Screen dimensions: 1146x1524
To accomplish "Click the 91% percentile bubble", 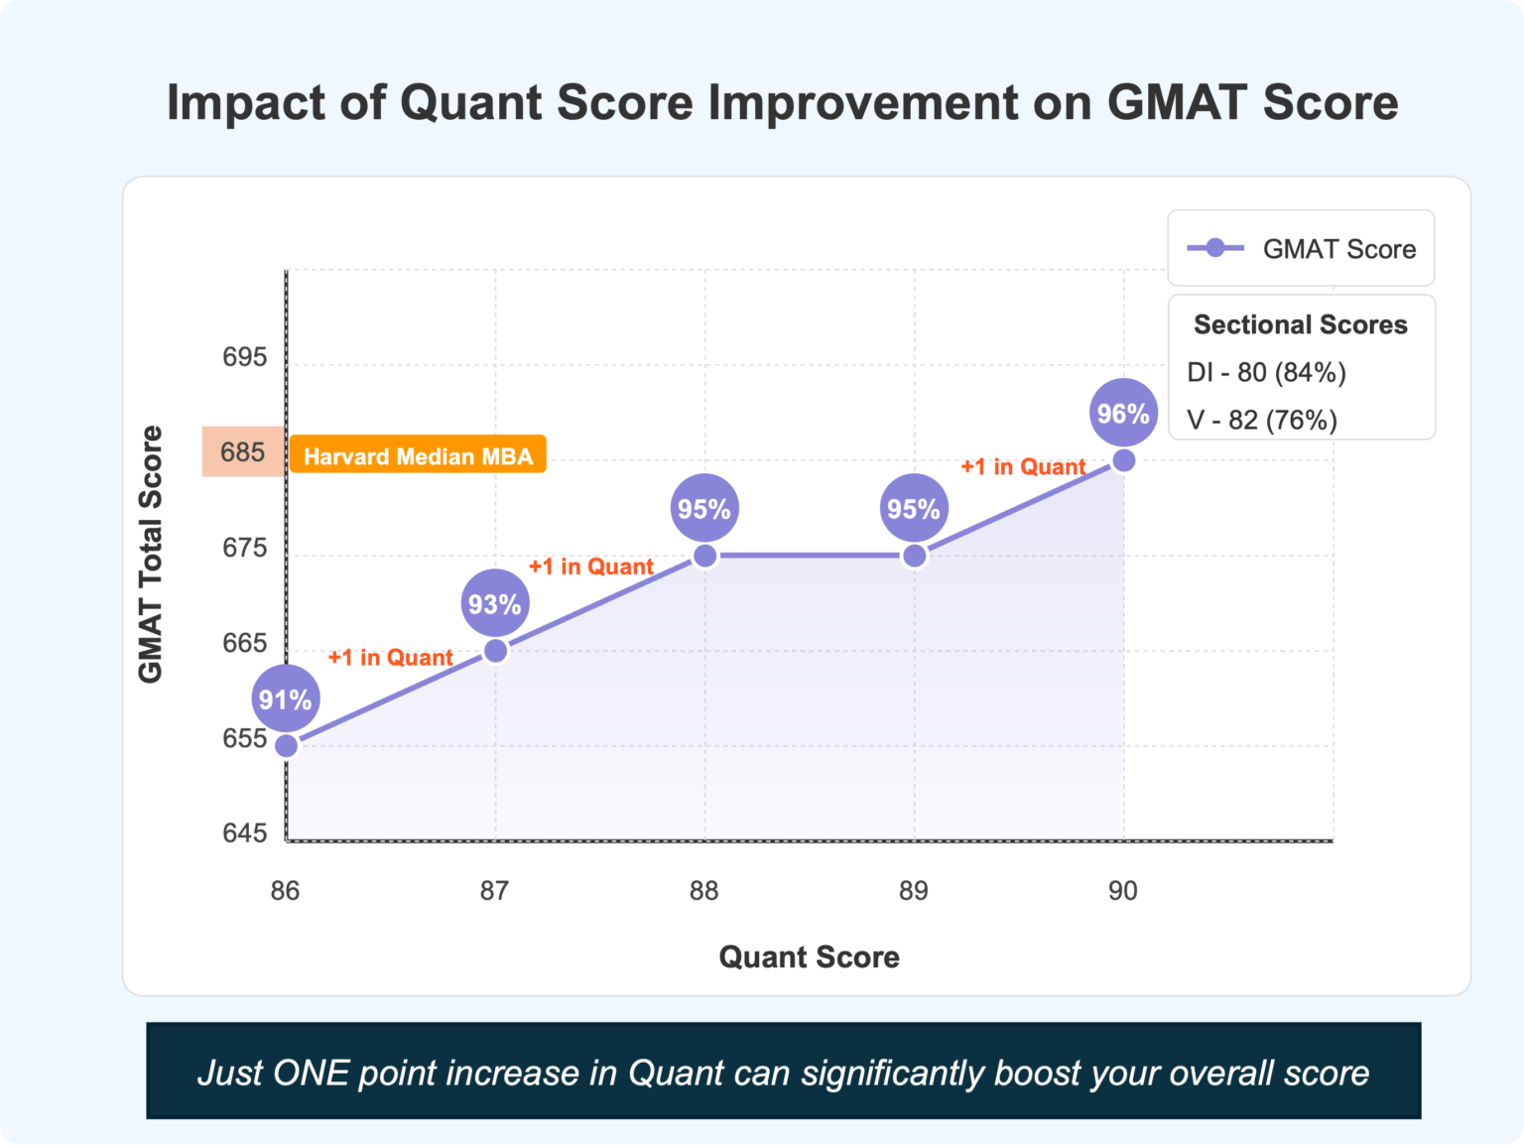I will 286,700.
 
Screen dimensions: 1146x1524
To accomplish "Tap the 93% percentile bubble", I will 495,603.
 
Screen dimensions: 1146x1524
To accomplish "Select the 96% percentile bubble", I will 1123,413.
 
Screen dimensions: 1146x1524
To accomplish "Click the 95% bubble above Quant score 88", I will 704,508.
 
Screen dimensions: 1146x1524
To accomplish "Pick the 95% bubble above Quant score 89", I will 914,508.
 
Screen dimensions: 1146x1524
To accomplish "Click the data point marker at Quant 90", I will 1124,460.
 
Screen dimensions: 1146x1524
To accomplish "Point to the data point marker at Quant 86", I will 286,746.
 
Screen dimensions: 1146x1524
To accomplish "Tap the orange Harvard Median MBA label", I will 418,455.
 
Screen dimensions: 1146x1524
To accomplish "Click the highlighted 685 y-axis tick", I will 243,452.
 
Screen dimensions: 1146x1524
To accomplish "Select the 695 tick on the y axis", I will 244,357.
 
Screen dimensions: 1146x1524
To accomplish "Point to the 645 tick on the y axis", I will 244,833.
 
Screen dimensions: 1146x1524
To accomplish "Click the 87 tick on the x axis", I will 494,891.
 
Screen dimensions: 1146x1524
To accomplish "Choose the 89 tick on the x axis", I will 914,891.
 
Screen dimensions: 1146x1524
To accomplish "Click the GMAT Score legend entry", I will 1302,249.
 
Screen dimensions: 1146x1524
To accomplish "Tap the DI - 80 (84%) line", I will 1266,372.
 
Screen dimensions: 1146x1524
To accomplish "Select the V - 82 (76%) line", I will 1262,420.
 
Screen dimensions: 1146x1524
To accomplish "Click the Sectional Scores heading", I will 1301,324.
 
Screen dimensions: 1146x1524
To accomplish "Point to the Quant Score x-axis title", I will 809,956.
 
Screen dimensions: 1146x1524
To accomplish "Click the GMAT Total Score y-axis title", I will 151,555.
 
